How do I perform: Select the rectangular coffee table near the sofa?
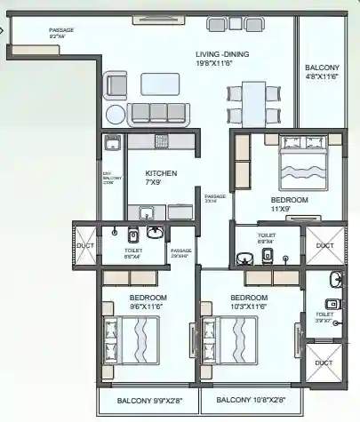(x=160, y=84)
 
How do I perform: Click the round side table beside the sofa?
(x=116, y=114)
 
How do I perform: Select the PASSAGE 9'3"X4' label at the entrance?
(x=61, y=34)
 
